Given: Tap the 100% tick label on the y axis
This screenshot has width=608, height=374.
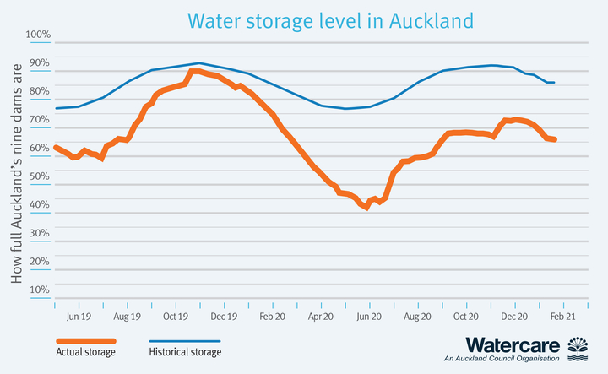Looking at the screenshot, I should click(39, 35).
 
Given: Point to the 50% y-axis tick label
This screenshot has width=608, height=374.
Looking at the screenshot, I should click(39, 176).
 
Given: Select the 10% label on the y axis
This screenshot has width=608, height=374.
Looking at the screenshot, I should click(39, 290).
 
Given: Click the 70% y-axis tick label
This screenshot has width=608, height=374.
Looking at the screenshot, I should click(39, 120).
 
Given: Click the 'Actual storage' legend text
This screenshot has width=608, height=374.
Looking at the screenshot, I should click(86, 352).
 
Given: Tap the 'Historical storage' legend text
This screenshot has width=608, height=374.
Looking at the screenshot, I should click(185, 352).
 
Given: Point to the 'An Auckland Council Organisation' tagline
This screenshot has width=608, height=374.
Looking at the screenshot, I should click(502, 359).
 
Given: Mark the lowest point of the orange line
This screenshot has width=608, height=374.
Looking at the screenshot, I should click(366, 208).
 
